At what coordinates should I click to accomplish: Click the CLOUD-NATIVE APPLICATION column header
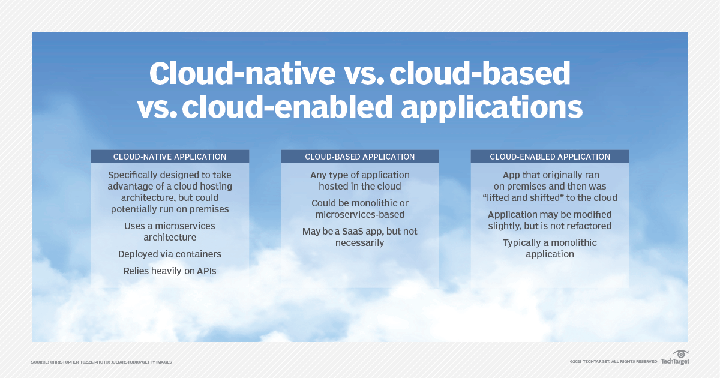170,157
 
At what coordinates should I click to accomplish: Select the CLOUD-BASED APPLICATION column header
359,157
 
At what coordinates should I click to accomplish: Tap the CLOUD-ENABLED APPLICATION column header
550,157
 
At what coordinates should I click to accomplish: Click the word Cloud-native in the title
242,74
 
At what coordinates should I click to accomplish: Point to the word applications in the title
492,107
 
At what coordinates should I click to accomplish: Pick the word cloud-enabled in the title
287,106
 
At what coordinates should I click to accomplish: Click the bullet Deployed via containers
170,254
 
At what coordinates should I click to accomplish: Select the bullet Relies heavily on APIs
170,271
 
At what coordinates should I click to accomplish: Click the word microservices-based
359,214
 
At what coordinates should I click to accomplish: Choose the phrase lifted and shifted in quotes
523,197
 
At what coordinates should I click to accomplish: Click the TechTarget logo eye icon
681,354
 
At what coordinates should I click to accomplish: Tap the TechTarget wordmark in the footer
675,362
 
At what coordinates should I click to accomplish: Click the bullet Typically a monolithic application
550,248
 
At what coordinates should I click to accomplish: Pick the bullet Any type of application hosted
359,181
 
